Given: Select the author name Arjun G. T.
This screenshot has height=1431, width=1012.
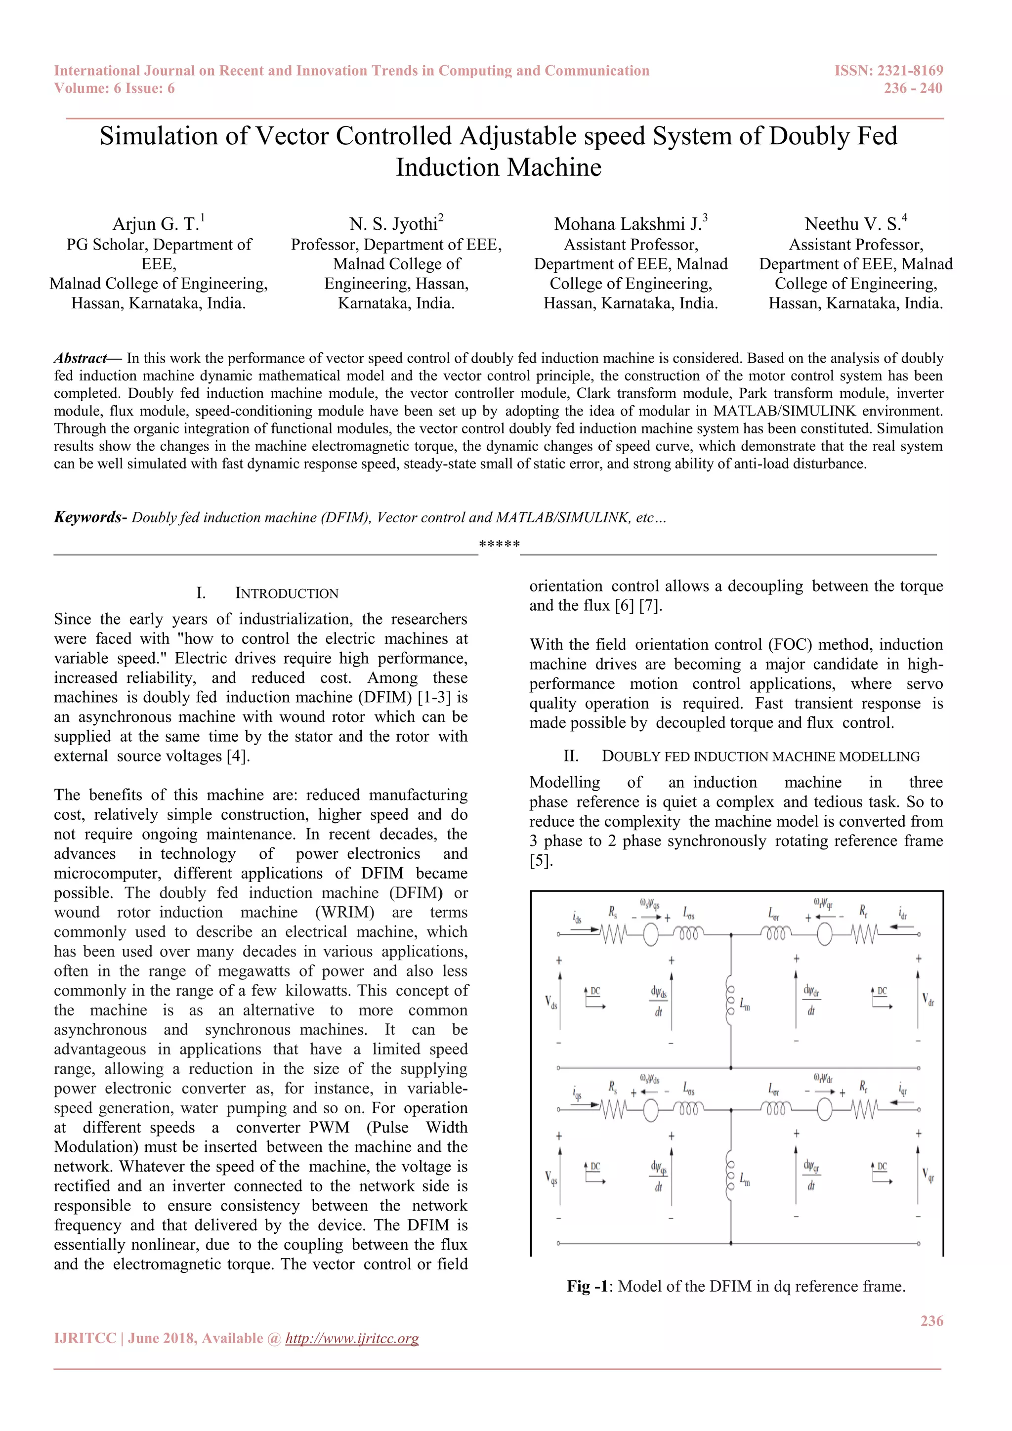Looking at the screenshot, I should pos(155,224).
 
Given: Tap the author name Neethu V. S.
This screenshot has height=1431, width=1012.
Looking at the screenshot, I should pos(852,224).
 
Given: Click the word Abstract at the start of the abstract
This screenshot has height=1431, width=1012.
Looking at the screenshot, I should pos(81,358).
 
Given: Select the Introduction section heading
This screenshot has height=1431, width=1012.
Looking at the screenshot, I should pos(286,593).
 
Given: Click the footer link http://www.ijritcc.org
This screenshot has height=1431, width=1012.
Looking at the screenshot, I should pos(352,1339).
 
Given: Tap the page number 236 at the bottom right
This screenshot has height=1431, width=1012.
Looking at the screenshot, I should pos(931,1321).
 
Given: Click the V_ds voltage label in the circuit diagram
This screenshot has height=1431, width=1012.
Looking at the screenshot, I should pos(551,1003).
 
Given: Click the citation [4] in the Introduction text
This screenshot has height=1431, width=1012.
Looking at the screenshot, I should pos(237,756).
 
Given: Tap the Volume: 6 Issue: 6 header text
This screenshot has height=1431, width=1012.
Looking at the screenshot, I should pos(114,88).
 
